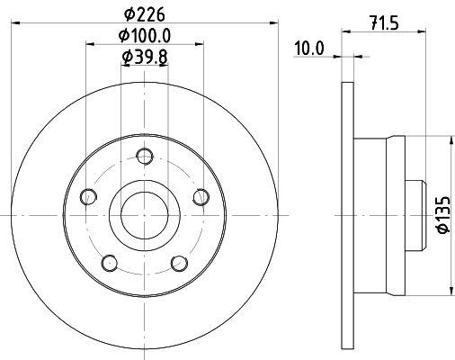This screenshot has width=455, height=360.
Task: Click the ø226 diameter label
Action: click(x=145, y=14)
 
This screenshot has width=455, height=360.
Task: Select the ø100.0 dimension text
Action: click(x=145, y=36)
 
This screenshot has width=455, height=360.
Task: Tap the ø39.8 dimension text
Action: click(x=145, y=57)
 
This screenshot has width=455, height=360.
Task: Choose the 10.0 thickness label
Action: click(x=309, y=49)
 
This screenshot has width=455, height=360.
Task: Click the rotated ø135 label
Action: click(x=443, y=214)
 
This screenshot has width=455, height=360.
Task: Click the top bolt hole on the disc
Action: click(x=145, y=156)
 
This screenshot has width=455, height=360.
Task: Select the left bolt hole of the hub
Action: click(x=88, y=197)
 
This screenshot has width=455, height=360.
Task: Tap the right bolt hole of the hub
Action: click(x=201, y=197)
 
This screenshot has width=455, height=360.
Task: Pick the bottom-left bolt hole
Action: click(x=110, y=263)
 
